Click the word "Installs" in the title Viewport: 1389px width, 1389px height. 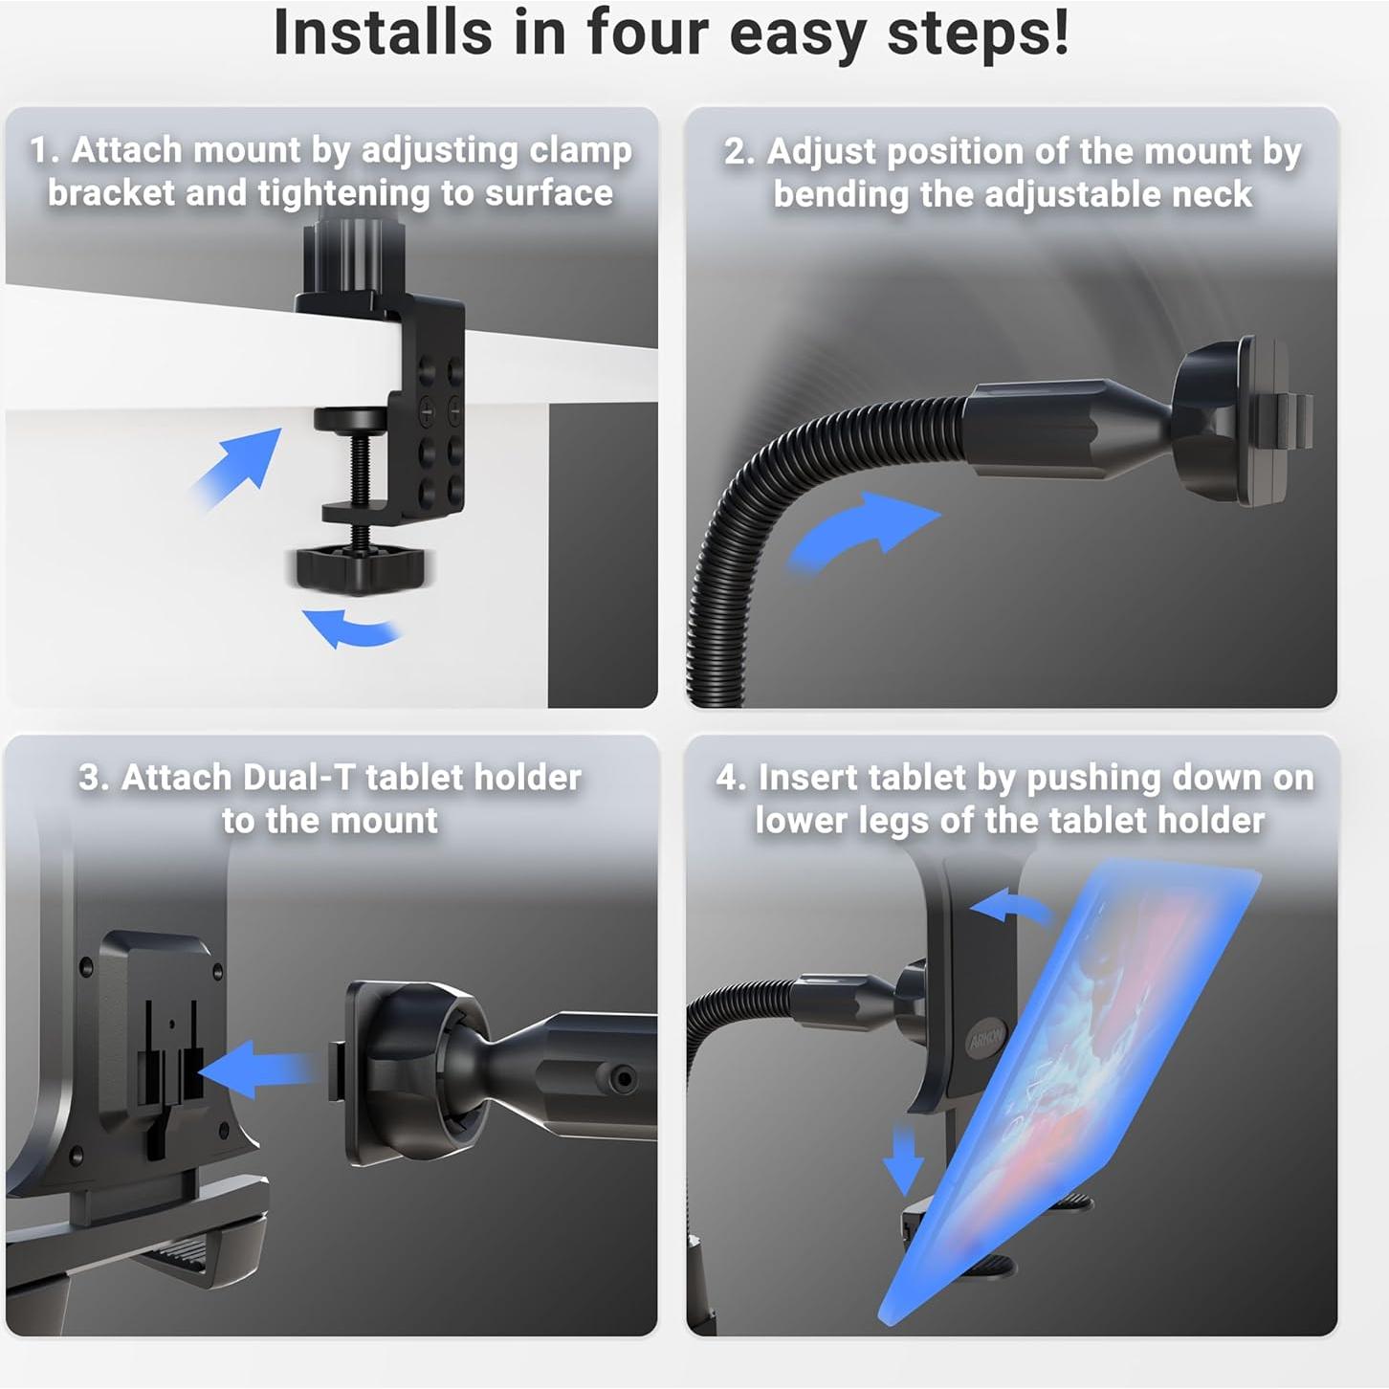[x=382, y=33]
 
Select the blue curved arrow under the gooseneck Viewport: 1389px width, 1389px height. [x=862, y=531]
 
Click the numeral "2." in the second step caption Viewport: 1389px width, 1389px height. [x=739, y=152]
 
